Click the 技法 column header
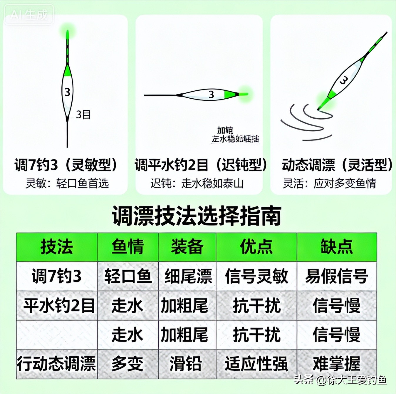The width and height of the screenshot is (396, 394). (x=57, y=247)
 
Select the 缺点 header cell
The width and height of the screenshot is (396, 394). (x=337, y=247)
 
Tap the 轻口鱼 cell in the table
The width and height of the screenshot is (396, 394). (x=128, y=276)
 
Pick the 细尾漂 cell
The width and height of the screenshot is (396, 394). (x=187, y=276)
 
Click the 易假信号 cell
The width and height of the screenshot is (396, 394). (x=337, y=276)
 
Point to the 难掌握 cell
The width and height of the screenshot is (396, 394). (x=337, y=364)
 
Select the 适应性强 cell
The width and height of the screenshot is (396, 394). (x=256, y=364)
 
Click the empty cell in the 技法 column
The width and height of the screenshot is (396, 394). (x=57, y=335)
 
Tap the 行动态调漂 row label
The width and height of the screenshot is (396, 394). (x=57, y=364)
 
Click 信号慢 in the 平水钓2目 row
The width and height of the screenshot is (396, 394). (x=337, y=306)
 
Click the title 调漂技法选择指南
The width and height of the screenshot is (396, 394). (x=197, y=216)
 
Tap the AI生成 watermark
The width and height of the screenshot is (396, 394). (x=29, y=14)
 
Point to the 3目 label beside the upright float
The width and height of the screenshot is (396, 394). (x=83, y=115)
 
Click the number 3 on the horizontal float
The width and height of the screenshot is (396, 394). (x=211, y=95)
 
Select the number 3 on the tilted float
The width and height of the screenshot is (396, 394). (x=343, y=80)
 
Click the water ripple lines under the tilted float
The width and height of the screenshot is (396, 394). (x=306, y=122)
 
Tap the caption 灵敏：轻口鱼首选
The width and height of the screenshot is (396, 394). (x=67, y=183)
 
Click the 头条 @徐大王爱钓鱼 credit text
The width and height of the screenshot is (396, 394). (x=340, y=380)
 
